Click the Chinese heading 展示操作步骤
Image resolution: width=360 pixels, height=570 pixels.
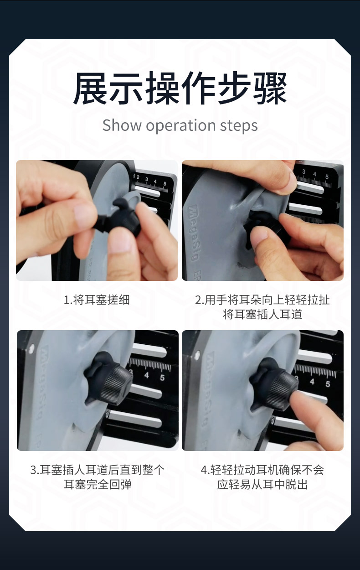click(180, 88)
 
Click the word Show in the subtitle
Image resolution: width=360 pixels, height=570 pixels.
click(122, 125)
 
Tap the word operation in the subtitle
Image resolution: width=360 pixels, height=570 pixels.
click(181, 126)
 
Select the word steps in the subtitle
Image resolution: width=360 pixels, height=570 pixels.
click(239, 126)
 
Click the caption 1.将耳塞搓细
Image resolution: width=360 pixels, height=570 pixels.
click(97, 300)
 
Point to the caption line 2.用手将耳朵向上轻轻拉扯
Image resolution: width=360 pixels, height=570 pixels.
click(262, 300)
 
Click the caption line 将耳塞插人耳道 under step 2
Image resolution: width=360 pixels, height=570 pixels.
click(262, 314)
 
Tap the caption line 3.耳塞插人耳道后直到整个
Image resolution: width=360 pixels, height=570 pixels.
click(98, 470)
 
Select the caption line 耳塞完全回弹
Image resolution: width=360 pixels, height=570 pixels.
click(98, 484)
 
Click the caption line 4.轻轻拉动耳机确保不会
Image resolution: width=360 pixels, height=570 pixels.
click(262, 470)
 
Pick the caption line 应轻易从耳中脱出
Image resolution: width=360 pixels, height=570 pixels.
click(262, 484)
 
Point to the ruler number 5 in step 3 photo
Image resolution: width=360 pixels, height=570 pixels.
click(162, 378)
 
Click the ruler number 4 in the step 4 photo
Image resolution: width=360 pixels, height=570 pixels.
click(312, 382)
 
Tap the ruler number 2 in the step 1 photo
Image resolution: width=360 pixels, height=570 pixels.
click(138, 177)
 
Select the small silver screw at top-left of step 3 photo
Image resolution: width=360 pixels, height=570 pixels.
click(31, 347)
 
